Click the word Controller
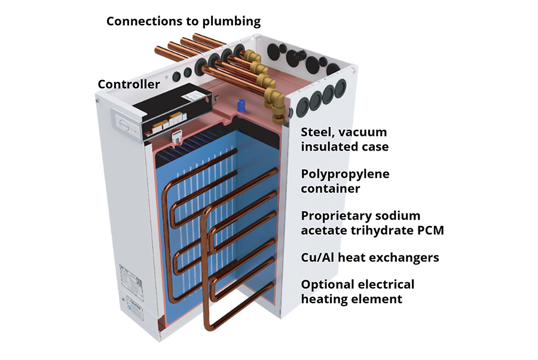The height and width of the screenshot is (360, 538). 129,84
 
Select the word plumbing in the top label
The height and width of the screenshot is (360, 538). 232,22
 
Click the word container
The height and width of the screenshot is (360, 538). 330,189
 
